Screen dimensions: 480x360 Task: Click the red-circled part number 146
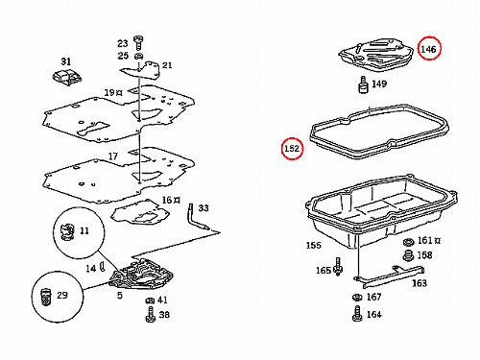(428, 49)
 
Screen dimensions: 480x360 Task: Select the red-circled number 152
(292, 149)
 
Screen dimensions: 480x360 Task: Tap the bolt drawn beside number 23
(138, 42)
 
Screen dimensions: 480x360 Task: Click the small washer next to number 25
(138, 57)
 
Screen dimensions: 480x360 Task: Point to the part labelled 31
(66, 78)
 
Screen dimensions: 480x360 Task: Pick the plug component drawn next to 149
(363, 84)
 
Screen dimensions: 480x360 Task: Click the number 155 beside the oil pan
(313, 246)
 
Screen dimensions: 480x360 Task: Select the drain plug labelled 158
(408, 255)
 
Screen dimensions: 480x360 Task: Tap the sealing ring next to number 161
(408, 242)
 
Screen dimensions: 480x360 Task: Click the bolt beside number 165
(338, 267)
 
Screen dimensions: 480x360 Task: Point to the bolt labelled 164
(357, 313)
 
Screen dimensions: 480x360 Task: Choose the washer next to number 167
(357, 298)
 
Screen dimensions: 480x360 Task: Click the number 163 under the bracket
(420, 283)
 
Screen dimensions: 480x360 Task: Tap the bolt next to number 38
(150, 314)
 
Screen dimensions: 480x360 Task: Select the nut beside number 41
(150, 300)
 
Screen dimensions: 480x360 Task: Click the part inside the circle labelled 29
(46, 297)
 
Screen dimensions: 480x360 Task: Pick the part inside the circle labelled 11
(67, 231)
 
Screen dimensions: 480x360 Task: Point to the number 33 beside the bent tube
(204, 208)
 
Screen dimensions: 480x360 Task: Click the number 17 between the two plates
(113, 156)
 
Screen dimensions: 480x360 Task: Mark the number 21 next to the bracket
(167, 65)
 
